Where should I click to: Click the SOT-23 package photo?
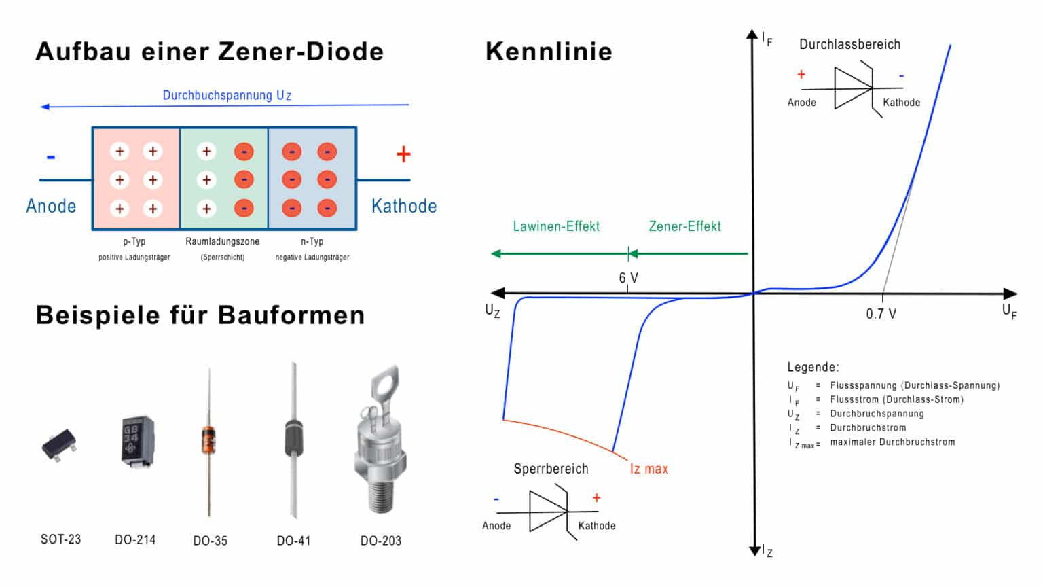[x=58, y=445]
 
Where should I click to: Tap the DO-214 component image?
[x=136, y=441]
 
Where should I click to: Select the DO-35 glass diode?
[x=209, y=440]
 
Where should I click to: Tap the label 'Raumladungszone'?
[x=222, y=241]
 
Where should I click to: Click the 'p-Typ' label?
[x=134, y=241]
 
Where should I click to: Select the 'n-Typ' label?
[x=312, y=241]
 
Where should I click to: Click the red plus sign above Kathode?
[x=403, y=155]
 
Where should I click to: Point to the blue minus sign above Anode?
[x=51, y=157]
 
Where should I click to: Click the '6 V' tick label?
[x=628, y=278]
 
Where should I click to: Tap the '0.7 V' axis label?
[x=881, y=314]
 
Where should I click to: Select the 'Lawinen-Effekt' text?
[x=556, y=226]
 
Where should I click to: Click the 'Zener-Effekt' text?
[x=684, y=226]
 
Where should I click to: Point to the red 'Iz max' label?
[x=648, y=469]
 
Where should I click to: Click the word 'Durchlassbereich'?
[x=849, y=45]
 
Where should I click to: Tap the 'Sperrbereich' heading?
[x=551, y=469]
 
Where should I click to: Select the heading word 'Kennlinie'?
[x=549, y=52]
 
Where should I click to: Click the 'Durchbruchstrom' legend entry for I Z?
[x=868, y=428]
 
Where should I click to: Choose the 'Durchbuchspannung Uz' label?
[x=227, y=95]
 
